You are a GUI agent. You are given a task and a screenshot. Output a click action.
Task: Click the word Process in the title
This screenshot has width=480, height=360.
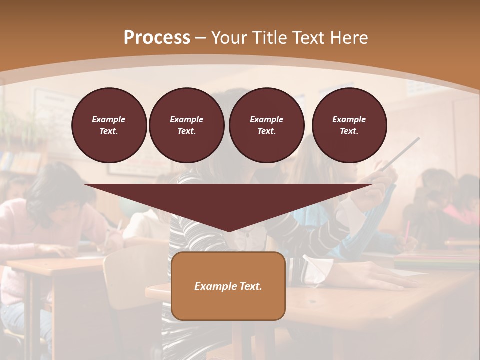[x=157, y=38]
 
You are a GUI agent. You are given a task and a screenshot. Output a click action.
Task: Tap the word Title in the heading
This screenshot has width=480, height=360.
[x=270, y=38]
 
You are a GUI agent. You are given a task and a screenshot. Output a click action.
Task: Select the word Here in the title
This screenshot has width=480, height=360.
[x=348, y=38]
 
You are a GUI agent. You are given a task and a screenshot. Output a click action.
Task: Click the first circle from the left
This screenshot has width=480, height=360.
[x=109, y=125]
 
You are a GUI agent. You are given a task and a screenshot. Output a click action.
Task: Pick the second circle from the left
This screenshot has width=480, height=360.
[x=186, y=125]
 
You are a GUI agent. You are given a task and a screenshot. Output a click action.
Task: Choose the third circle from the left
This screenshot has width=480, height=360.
[x=266, y=125]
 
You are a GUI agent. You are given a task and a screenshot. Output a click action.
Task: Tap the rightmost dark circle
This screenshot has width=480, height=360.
[x=349, y=125]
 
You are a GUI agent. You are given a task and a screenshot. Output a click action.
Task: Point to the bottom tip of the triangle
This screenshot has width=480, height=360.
[x=229, y=231]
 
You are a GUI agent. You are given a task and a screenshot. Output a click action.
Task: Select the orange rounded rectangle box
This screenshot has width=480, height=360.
[x=228, y=286]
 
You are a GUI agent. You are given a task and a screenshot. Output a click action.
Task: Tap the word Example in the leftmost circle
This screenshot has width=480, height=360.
[x=109, y=119]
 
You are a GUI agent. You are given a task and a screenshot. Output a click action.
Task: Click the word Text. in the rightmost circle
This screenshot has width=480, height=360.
[x=349, y=131]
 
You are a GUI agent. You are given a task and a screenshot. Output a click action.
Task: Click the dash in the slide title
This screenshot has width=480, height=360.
[x=201, y=38]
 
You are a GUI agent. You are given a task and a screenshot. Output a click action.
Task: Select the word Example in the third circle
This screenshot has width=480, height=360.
[x=266, y=119]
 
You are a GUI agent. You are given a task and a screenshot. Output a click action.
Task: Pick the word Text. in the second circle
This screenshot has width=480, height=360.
[x=186, y=131]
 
